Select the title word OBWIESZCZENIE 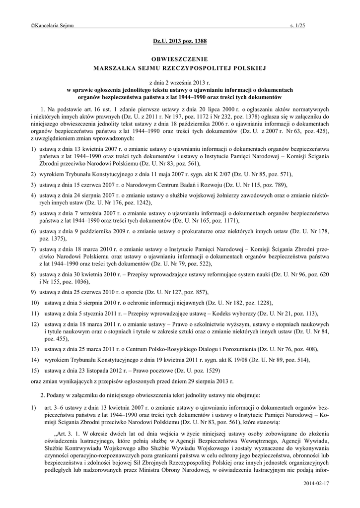pos(180,59)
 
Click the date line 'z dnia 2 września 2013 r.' pos(180,83)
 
